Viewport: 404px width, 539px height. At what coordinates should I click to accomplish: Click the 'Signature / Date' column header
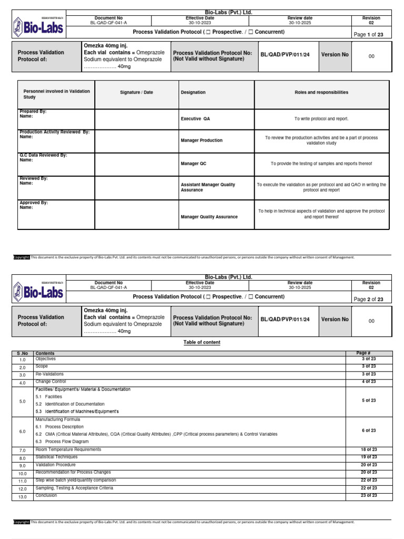point(136,92)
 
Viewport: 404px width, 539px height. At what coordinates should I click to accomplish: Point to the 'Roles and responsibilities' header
point(321,92)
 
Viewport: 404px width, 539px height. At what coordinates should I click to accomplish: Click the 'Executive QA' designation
point(195,119)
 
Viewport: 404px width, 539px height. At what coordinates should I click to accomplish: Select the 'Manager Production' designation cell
point(201,141)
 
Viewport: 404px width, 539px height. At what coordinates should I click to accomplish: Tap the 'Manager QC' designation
point(194,164)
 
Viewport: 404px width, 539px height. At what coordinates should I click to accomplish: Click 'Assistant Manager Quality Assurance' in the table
point(208,187)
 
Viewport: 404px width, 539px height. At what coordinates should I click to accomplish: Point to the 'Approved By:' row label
point(34,203)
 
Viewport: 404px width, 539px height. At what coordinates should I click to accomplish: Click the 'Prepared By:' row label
point(33,112)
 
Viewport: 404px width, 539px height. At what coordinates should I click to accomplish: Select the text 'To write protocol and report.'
point(321,119)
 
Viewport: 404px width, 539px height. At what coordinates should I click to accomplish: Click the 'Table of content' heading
point(201,342)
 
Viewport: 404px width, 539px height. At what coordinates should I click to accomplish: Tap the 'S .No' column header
point(22,353)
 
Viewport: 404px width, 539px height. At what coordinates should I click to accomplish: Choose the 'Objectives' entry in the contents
point(46,359)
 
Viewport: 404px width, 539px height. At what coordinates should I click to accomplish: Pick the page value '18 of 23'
point(368,450)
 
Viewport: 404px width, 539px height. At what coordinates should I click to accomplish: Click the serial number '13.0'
point(22,496)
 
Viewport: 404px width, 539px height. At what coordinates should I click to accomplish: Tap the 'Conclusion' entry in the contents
point(47,496)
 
